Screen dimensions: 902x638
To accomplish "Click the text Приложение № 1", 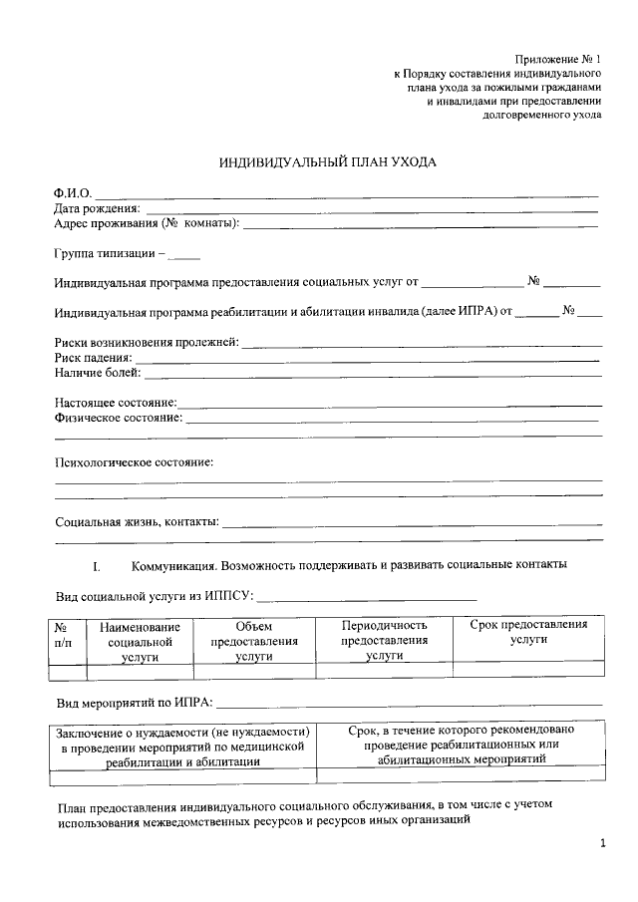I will click(557, 61).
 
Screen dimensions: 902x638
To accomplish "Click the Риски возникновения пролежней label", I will click(147, 343).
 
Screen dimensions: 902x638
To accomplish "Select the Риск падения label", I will click(94, 358).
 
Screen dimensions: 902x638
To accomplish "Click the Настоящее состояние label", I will click(116, 403).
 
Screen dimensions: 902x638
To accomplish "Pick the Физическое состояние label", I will click(119, 418).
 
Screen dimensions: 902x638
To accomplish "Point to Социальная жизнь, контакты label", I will click(138, 521).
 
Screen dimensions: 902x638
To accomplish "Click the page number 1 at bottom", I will click(602, 846).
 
